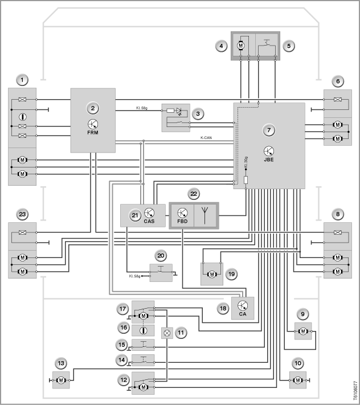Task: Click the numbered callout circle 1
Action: point(22,80)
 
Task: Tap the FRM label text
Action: point(93,133)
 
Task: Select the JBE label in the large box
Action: point(269,159)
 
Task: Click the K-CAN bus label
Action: point(206,138)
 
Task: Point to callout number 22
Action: point(194,194)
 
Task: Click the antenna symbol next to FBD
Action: point(205,215)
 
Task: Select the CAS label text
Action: point(149,221)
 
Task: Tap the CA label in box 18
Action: point(243,314)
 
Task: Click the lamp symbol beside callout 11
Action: point(167,333)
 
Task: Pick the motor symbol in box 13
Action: point(61,380)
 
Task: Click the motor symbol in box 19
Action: point(212,275)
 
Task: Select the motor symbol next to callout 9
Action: point(303,331)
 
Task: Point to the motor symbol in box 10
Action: point(298,380)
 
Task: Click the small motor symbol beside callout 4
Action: point(241,45)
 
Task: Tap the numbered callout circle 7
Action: point(269,130)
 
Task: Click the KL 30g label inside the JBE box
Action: point(246,163)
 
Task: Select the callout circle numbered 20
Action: point(161,256)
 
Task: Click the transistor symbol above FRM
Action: point(93,124)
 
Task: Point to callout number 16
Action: point(124,328)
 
